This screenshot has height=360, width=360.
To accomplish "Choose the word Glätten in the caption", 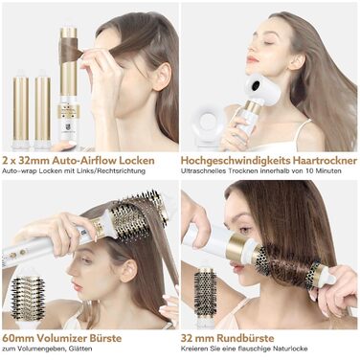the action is pos(80,349).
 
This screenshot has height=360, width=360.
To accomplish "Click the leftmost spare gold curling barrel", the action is pos(21,110).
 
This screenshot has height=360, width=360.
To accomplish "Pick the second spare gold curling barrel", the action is pos(42,110).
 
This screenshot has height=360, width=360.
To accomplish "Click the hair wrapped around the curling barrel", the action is pos(71,50).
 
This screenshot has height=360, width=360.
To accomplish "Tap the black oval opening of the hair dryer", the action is pos(257,84).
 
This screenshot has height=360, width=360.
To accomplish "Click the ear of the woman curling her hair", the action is pos(162,77).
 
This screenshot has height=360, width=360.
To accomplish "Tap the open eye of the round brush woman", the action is pos(244,230).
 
